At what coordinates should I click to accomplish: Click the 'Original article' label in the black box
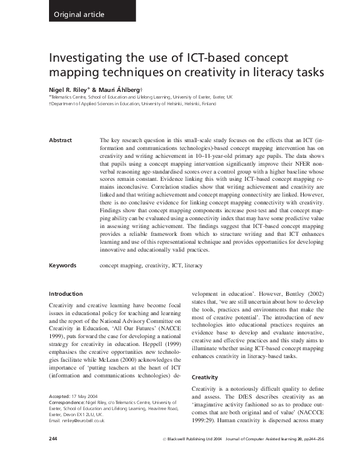[x=79, y=14]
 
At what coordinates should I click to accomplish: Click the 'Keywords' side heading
[x=62, y=265]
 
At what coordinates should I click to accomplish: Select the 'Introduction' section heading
[x=65, y=294]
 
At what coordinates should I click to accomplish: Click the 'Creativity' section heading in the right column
[x=206, y=377]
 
